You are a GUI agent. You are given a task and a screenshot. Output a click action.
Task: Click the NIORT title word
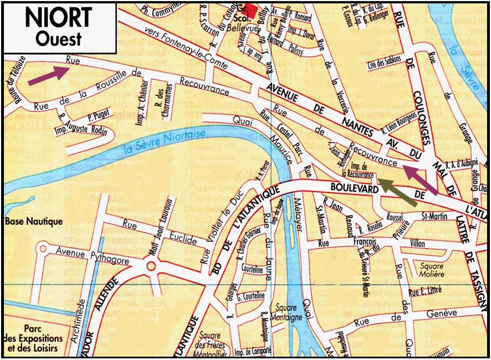pos(58,18)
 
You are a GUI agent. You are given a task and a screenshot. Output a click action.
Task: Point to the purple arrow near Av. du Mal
pos(420,179)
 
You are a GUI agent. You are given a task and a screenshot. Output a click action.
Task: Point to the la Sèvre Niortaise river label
pos(164,141)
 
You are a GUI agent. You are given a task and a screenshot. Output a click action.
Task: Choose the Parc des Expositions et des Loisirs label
pos(36,338)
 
